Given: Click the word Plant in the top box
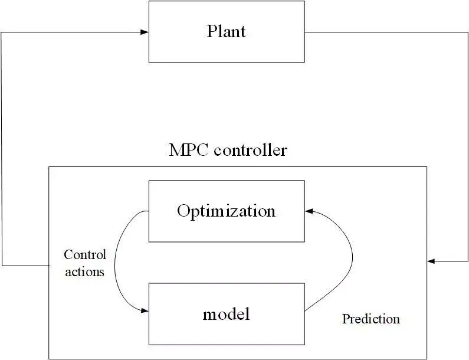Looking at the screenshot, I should (x=226, y=31).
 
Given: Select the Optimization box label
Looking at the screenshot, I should (x=226, y=211).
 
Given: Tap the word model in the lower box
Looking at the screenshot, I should (x=226, y=314).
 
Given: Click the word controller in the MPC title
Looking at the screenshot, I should (x=250, y=150).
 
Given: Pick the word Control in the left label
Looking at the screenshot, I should (x=85, y=255).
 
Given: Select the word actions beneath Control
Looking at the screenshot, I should (x=85, y=272).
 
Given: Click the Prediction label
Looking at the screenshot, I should (x=370, y=319).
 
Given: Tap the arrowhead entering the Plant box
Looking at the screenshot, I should (x=145, y=32).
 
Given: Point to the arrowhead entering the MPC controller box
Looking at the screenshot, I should (x=431, y=261).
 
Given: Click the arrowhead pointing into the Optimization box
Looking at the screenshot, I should (x=309, y=211).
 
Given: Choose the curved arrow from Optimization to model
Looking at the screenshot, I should (x=116, y=260).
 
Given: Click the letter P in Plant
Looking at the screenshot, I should (x=211, y=31).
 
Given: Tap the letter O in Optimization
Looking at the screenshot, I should (x=183, y=211).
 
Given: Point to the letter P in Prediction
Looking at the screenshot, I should (x=346, y=319).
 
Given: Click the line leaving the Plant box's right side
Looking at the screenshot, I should (x=366, y=32).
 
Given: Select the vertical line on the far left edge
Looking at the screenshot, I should (x=2, y=148).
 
